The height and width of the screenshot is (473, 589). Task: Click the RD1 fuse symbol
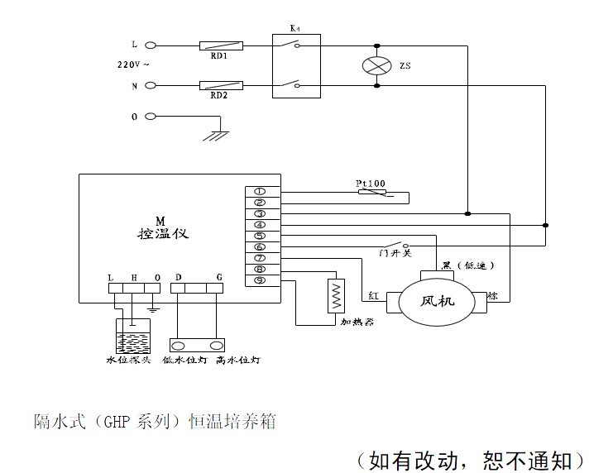coord(220,45)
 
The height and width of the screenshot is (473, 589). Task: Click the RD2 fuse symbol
coord(220,84)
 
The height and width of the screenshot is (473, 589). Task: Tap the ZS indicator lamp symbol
coord(377,64)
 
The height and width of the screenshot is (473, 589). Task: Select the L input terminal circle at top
coord(151,45)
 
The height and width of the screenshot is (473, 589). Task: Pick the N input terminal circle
coord(151,84)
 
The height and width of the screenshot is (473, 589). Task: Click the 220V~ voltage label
coord(132,64)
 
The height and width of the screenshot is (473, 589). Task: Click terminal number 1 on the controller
coord(259,192)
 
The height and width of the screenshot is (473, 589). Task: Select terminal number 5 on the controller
coord(259,236)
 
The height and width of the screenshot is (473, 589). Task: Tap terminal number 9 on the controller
coord(259,280)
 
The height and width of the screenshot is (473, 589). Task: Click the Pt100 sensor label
coord(370,183)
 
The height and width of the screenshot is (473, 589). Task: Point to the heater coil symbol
coord(336,294)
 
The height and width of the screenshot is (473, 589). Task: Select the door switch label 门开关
coord(395,252)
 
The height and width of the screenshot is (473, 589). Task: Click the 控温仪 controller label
coord(163,233)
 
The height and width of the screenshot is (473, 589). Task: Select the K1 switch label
coord(294,29)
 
